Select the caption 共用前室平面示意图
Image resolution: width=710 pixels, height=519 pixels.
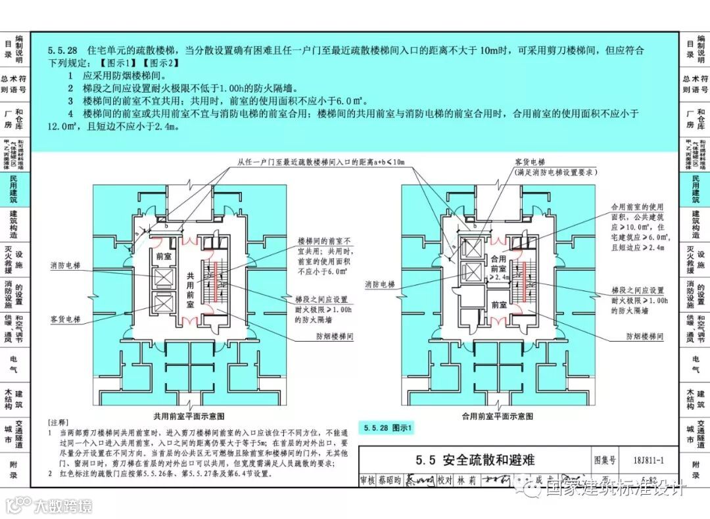point(189,416)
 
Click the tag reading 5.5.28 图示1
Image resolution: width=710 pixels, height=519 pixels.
point(387,428)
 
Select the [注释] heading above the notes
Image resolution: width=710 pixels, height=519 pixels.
point(59,421)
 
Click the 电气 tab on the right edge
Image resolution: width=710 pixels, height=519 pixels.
point(696,365)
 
